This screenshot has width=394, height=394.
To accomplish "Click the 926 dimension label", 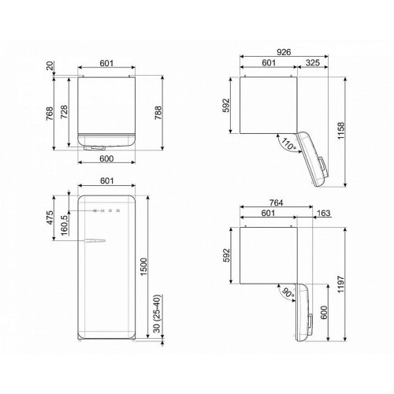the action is pos(284,52).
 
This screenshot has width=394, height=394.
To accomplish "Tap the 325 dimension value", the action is pos(313,63).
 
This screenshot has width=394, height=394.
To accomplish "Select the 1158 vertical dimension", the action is pos(340,131).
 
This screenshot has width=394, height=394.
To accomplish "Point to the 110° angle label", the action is pos(288,144).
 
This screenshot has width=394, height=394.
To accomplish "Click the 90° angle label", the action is pos(288,293).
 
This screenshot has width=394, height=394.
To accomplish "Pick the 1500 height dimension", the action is pos(144,267).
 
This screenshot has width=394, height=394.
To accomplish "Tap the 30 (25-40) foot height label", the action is pos(157,314).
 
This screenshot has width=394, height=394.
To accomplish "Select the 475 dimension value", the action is pos(50,217).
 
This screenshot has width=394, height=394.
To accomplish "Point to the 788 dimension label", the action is pos(158,113).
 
